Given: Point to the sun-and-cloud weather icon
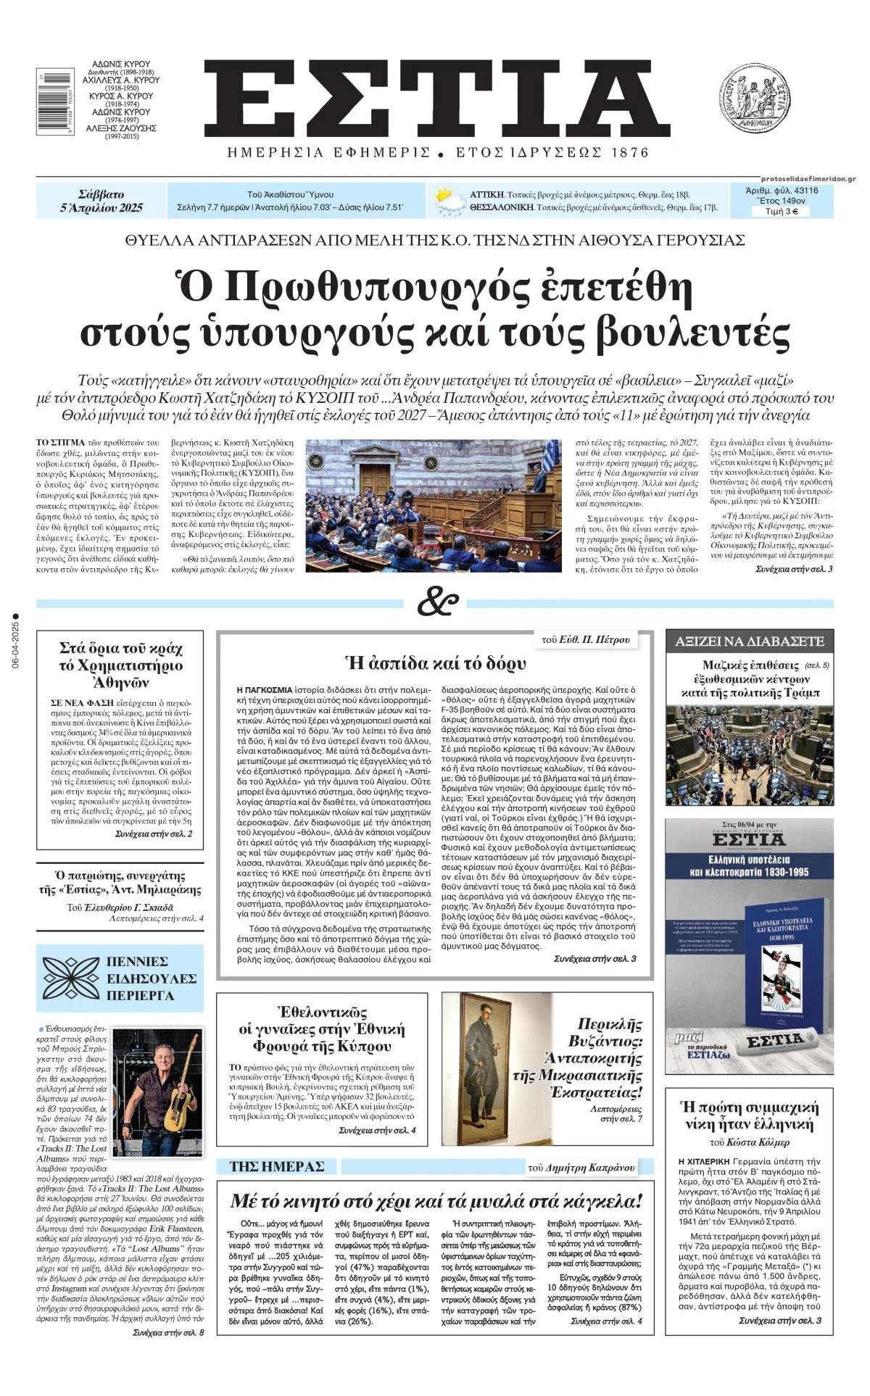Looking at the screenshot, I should (448, 201).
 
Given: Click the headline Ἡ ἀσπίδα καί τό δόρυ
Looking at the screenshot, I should (436, 662).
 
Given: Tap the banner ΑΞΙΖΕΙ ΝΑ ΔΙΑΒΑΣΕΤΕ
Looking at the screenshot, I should (749, 641).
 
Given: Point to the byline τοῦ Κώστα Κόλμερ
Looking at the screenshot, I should (749, 1143).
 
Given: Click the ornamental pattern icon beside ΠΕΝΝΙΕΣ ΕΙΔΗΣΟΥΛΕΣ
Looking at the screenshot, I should (70, 978).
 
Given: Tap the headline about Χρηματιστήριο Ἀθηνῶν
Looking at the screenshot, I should (120, 665).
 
